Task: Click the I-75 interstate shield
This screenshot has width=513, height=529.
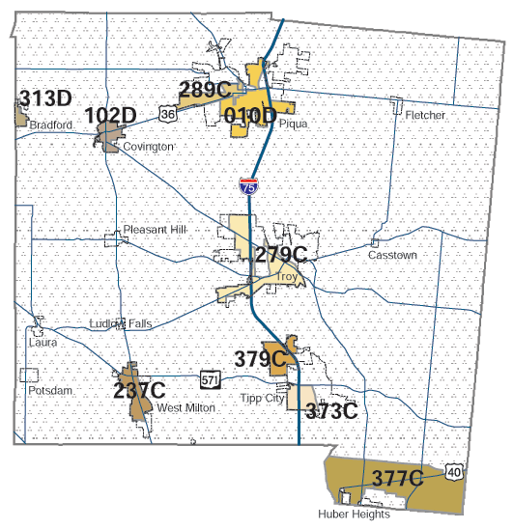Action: [249, 186]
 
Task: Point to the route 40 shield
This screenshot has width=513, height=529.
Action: [454, 471]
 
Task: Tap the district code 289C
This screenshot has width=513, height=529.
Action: [205, 91]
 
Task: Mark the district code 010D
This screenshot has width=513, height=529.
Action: [250, 116]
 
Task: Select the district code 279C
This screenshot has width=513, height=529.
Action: [281, 256]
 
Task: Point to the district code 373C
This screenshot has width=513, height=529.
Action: [331, 411]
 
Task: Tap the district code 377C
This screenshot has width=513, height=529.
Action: [396, 478]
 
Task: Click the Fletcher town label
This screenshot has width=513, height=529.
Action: [425, 115]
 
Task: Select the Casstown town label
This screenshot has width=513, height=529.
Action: [390, 256]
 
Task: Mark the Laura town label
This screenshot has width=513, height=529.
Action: [43, 342]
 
